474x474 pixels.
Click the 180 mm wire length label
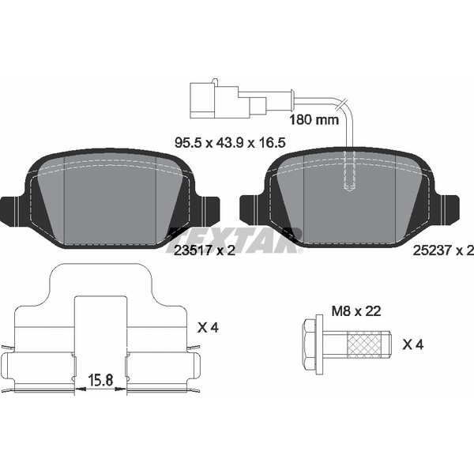(x=314, y=120)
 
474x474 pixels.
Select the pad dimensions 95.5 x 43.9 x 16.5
(x=230, y=142)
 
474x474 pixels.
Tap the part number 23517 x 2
(x=205, y=250)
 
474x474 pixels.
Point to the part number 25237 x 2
(x=443, y=250)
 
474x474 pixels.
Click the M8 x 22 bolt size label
(x=356, y=311)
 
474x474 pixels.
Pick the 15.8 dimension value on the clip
(x=100, y=380)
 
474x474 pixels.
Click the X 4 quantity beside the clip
(x=208, y=327)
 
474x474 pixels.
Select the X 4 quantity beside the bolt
(x=412, y=344)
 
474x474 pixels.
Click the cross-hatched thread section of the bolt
(x=363, y=344)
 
